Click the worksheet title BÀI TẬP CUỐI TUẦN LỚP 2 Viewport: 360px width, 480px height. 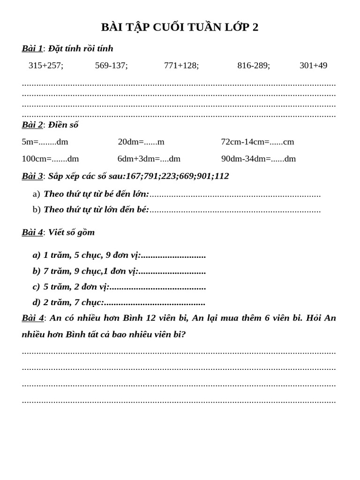180,27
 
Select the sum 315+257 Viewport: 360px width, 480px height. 46,66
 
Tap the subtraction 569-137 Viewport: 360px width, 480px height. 111,66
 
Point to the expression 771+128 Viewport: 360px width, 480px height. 181,66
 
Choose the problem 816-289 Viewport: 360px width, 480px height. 254,66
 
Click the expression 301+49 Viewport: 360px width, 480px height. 313,66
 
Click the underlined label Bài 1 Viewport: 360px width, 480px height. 32,48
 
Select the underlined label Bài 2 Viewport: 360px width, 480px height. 32,125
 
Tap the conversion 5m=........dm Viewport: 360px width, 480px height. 45,142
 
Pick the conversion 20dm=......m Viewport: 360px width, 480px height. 141,142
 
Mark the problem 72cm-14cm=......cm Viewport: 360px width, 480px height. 257,142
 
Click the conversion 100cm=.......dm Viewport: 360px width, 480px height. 50,159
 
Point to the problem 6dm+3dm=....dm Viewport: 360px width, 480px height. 149,159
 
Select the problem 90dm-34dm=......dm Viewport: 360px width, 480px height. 258,159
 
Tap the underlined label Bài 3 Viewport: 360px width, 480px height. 32,176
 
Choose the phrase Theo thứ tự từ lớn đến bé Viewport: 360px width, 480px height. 96,210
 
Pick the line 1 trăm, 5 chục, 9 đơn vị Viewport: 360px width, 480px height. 92,255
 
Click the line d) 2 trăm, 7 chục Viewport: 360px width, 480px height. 73,302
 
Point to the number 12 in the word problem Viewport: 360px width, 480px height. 150,318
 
